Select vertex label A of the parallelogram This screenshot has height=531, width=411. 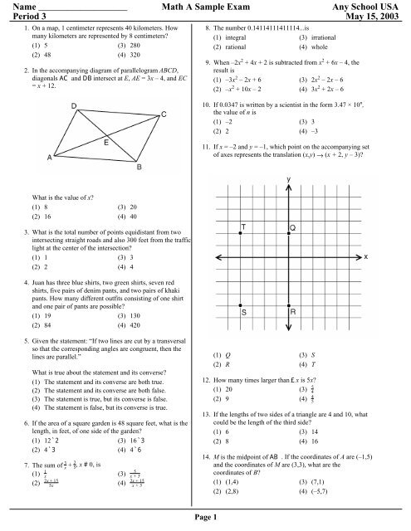click(51, 157)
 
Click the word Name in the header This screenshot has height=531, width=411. click(17, 7)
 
